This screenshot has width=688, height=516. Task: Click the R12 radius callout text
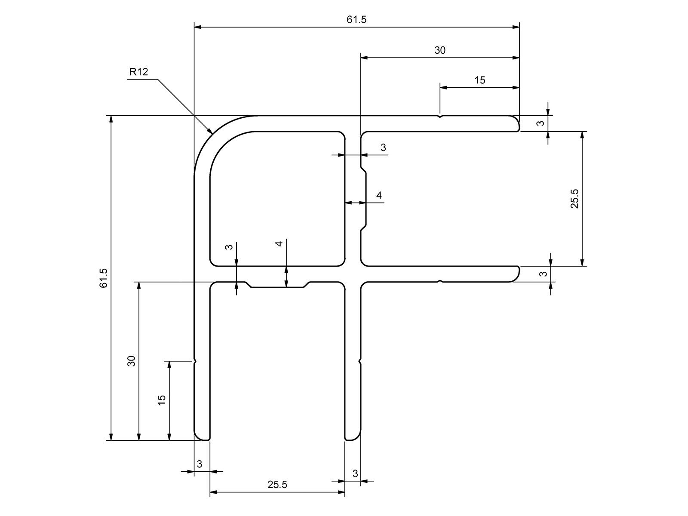[138, 72]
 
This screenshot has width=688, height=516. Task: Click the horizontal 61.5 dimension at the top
[356, 20]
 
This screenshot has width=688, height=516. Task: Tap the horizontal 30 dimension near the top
[440, 50]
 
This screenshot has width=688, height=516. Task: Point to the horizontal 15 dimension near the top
[479, 80]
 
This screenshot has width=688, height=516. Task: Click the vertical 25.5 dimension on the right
[575, 199]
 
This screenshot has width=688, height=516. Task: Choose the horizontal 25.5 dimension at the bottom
[277, 485]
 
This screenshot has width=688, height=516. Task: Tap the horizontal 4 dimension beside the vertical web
[379, 196]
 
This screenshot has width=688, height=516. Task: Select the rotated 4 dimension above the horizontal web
[279, 244]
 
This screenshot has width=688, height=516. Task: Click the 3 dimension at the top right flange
[541, 123]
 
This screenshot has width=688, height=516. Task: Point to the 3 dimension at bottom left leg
[200, 464]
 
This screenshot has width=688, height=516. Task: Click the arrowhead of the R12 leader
[210, 131]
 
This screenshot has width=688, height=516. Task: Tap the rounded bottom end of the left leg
[202, 439]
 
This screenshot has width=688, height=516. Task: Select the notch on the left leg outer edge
[195, 361]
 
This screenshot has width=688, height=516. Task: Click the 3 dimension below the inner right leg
[355, 473]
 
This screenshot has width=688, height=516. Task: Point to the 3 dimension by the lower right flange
[544, 274]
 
